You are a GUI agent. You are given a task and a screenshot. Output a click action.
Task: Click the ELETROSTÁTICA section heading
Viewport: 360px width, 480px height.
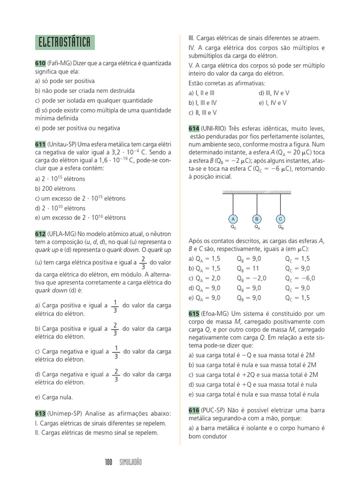click(65, 42)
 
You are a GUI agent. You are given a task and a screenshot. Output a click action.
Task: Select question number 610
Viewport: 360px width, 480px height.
click(40, 64)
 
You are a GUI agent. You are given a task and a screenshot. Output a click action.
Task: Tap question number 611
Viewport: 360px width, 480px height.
click(40, 144)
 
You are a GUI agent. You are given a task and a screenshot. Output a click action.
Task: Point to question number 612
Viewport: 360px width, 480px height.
click(40, 233)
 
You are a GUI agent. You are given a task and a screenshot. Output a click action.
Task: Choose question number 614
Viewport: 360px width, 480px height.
click(194, 128)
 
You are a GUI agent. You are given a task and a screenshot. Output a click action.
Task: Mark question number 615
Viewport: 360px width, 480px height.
click(194, 313)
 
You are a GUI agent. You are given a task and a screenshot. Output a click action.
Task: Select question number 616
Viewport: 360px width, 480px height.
click(194, 410)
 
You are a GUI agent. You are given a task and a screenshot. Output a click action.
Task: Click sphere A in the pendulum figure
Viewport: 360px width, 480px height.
click(233, 219)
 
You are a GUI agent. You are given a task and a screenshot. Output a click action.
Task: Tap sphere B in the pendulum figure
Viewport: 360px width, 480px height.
click(257, 219)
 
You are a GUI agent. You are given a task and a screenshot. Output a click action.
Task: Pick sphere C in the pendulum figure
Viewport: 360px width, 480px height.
click(280, 219)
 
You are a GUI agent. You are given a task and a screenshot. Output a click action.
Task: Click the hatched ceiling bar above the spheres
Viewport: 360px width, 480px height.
click(256, 192)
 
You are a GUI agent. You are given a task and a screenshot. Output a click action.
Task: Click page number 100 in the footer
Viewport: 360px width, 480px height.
click(109, 463)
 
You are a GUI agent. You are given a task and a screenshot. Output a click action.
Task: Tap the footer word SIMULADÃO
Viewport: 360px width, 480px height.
click(130, 463)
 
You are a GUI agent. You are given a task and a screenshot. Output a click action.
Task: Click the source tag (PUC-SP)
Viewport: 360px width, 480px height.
click(214, 410)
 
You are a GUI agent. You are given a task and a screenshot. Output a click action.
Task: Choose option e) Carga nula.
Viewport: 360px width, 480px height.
click(54, 397)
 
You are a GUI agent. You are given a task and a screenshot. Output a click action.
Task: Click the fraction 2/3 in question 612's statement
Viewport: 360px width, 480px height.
click(143, 263)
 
